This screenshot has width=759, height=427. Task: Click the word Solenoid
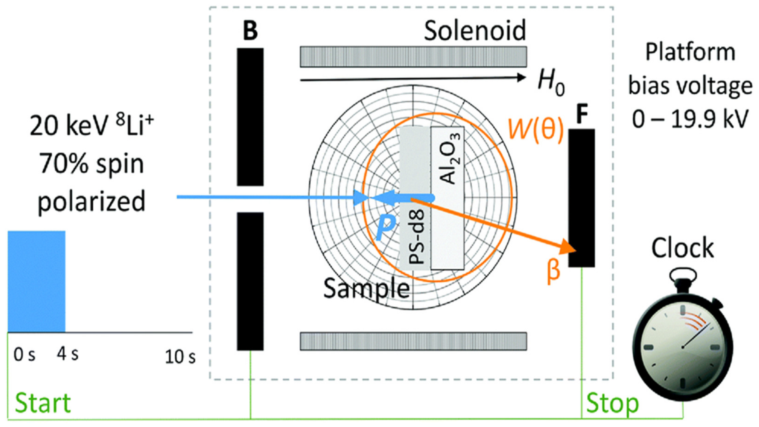[475, 31]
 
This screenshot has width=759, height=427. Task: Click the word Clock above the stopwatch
[682, 248]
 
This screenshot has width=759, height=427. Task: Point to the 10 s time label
[180, 357]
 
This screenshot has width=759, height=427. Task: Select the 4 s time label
[68, 354]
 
